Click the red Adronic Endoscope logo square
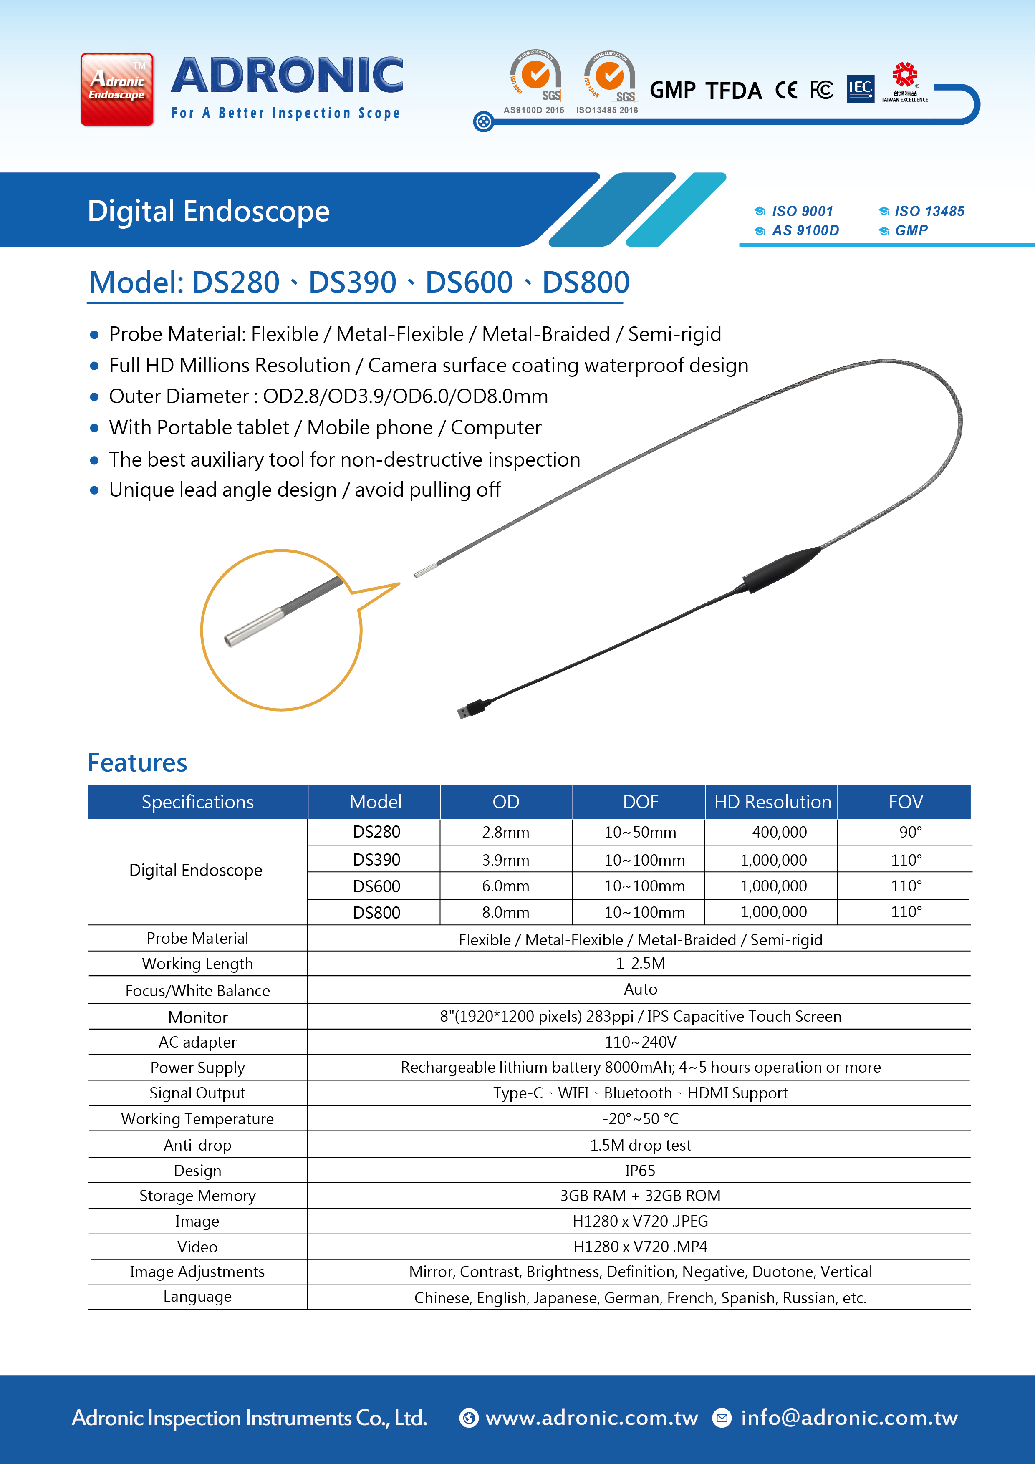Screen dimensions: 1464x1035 117,89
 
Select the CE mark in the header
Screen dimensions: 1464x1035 786,90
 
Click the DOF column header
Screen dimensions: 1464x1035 640,802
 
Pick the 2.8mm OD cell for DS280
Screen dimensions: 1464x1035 506,832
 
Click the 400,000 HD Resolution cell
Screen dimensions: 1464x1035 779,832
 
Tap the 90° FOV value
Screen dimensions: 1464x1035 910,832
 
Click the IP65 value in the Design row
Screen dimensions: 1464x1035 640,1171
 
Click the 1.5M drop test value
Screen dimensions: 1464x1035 640,1145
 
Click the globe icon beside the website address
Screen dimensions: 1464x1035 469,1418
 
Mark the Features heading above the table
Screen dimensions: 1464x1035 137,762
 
